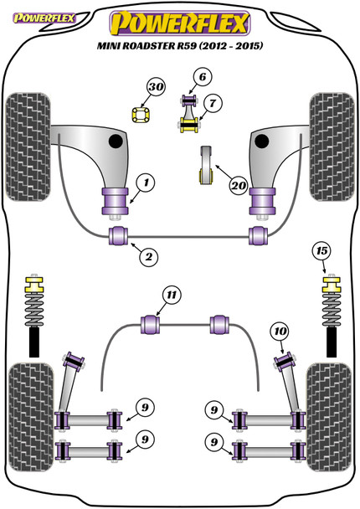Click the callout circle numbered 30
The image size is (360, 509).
156,87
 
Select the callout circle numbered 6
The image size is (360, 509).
203,77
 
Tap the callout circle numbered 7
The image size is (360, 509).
213,103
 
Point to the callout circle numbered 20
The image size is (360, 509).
239,186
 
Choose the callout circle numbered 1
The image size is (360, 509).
146,183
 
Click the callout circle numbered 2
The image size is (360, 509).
148,257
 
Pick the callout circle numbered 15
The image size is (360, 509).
321,251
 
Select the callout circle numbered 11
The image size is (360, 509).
172,295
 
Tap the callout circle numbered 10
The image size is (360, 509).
280,332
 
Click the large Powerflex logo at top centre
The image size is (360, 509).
180,23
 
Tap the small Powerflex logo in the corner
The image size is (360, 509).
44,18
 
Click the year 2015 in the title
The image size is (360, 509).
249,46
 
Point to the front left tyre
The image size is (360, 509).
28,147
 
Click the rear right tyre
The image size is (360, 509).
329,417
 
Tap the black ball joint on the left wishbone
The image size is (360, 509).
116,141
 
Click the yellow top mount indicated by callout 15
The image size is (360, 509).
332,284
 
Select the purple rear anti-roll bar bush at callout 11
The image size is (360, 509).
151,324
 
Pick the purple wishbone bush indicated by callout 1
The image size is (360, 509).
116,201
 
